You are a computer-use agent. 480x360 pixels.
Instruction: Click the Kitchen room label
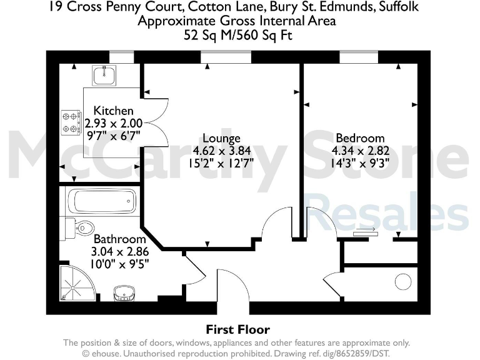[113, 111]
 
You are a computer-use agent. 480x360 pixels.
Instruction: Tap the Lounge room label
[221, 138]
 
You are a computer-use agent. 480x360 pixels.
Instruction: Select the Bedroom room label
[360, 138]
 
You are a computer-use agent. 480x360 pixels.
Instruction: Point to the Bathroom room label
[119, 239]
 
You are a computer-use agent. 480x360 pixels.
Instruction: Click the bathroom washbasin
[125, 292]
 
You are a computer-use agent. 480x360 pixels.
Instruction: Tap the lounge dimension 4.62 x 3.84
[221, 151]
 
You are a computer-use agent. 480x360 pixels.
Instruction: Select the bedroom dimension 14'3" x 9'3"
[360, 164]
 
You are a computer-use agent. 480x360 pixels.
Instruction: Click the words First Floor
[238, 329]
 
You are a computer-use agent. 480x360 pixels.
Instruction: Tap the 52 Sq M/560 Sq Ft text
[238, 36]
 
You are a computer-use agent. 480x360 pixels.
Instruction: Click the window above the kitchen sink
[122, 57]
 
